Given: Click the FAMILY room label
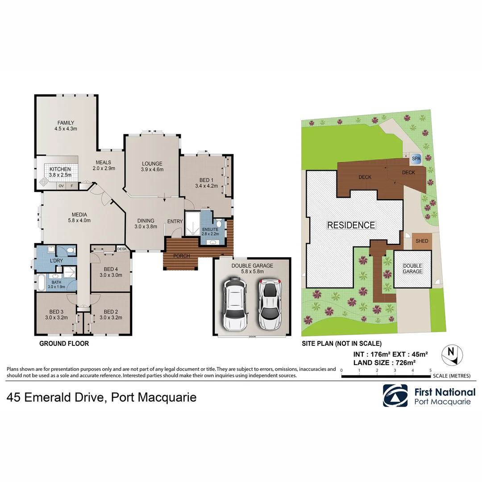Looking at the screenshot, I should pos(66,123).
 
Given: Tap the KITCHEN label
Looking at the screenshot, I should pos(60,170).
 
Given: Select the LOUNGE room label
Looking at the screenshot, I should pos(152,163).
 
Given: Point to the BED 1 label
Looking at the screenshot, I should pos(206,180).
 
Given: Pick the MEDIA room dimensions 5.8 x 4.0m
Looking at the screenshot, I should pos(79,220).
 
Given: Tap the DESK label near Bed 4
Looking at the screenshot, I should pos(122,249).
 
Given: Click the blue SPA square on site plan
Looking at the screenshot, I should pos(416,158).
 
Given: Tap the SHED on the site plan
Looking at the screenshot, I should pos(422,241).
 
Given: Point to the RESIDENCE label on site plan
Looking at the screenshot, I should pos(351,225).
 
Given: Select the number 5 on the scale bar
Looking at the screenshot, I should pos(430,370).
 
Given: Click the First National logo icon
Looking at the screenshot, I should pos(395,395).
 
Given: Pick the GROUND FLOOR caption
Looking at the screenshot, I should pos(64,343).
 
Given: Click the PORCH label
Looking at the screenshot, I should pos(182,256).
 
